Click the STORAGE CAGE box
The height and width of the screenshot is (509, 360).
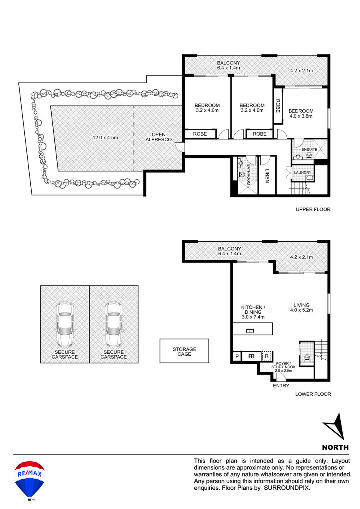click(184, 351)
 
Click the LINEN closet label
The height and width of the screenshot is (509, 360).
click(267, 176)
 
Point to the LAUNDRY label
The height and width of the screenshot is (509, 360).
click(302, 173)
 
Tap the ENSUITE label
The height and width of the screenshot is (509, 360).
click(309, 150)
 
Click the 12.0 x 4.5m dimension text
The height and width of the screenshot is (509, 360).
click(105, 138)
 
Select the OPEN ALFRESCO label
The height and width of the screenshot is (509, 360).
click(158, 137)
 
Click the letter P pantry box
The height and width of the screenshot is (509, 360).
click(237, 356)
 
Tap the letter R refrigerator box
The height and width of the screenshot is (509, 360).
click(267, 356)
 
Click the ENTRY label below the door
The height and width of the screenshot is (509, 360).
click(281, 386)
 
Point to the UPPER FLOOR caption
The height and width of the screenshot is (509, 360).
click(313, 209)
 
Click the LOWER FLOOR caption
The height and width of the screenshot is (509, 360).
click(313, 394)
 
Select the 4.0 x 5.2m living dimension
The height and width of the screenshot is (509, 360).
click(302, 310)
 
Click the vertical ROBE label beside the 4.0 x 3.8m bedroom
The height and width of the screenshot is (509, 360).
click(278, 106)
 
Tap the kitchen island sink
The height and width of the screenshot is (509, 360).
click(250, 331)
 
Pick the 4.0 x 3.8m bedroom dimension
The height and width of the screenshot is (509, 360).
click(301, 116)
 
